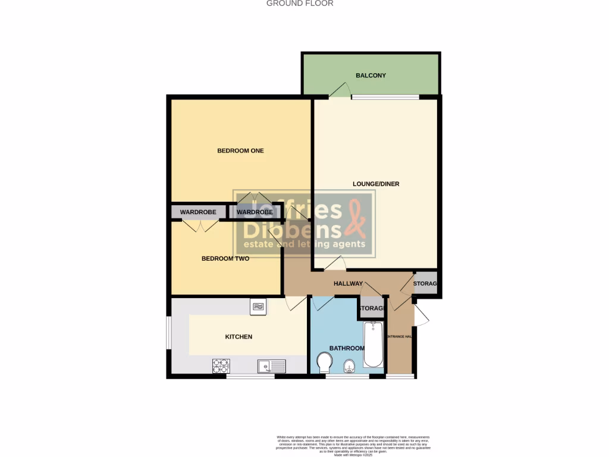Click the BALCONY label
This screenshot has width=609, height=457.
pyautogui.click(x=371, y=76)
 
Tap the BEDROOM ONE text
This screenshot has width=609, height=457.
pyautogui.click(x=240, y=151)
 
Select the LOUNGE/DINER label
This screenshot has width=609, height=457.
pyautogui.click(x=376, y=184)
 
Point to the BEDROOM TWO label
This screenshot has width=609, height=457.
pyautogui.click(x=225, y=259)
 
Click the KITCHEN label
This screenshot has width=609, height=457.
pyautogui.click(x=238, y=337)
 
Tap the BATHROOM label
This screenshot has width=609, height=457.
pyautogui.click(x=347, y=348)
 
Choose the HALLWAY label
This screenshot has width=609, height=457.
pyautogui.click(x=348, y=284)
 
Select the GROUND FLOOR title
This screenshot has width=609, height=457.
pyautogui.click(x=300, y=4)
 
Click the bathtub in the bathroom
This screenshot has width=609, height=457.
pyautogui.click(x=373, y=345)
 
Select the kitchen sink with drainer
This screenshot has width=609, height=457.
pyautogui.click(x=272, y=366)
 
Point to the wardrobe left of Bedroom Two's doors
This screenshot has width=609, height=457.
pyautogui.click(x=199, y=212)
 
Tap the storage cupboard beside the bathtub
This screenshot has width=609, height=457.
pyautogui.click(x=371, y=308)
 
